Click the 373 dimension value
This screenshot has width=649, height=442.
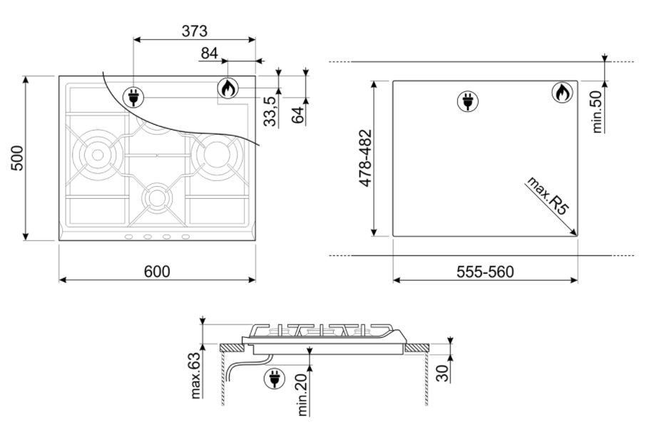pyautogui.click(x=194, y=31)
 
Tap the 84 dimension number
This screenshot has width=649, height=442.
pyautogui.click(x=210, y=53)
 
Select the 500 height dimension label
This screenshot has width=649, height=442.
pyautogui.click(x=17, y=158)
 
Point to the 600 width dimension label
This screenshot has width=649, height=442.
pyautogui.click(x=157, y=272)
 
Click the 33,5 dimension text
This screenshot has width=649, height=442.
pyautogui.click(x=270, y=111)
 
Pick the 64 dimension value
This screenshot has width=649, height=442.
pyautogui.click(x=297, y=115)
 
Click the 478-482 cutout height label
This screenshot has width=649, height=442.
pyautogui.click(x=366, y=158)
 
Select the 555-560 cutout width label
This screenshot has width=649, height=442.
pyautogui.click(x=485, y=272)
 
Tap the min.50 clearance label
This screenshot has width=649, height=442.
pyautogui.click(x=596, y=111)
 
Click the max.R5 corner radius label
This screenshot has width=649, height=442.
pyautogui.click(x=547, y=196)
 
